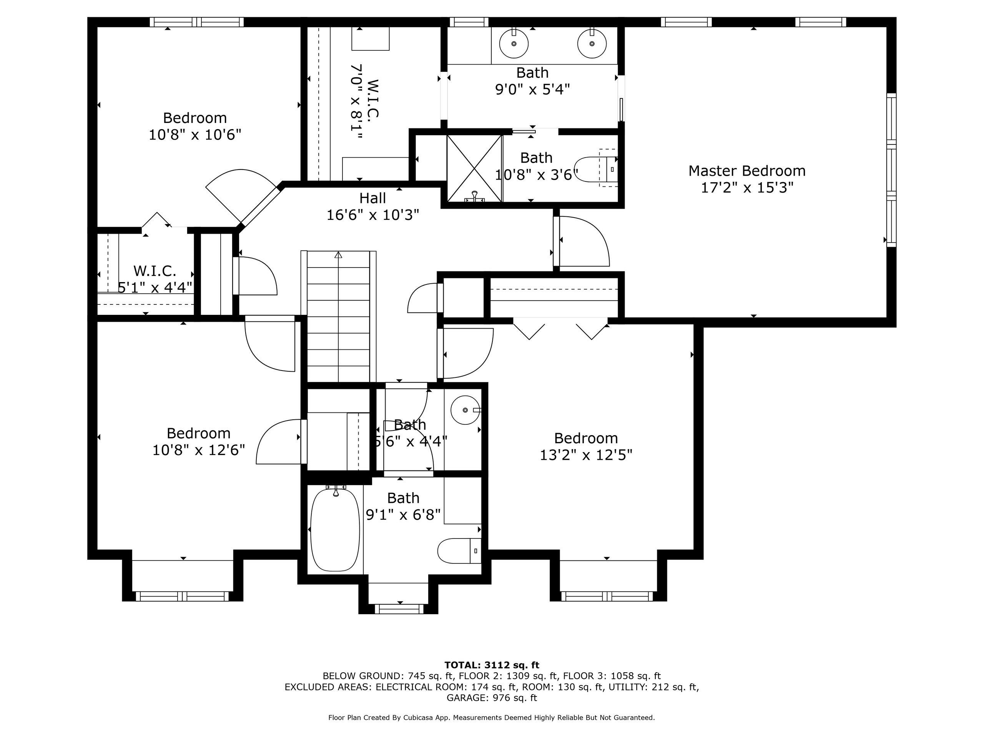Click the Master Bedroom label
click(747, 171)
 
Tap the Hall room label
click(372, 198)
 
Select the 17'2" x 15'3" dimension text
click(747, 188)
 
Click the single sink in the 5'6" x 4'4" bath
click(466, 410)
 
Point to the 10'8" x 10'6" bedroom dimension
click(195, 135)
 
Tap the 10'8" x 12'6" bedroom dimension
click(198, 450)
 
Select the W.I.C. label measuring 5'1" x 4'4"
click(155, 271)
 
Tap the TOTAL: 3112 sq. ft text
click(492, 665)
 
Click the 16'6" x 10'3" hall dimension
click(373, 215)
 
